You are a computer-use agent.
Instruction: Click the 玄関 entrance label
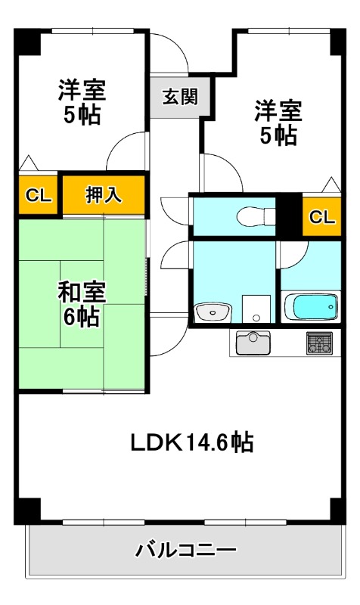click(180, 97)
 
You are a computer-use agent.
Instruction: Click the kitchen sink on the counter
click(253, 343)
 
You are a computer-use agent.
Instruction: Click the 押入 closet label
click(103, 195)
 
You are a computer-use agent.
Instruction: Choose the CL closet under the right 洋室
click(321, 217)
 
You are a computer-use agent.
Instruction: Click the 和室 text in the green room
click(81, 292)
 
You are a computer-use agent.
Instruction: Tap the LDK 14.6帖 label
click(192, 442)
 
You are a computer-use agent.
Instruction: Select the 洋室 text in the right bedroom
click(277, 110)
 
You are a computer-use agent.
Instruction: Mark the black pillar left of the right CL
click(289, 216)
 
